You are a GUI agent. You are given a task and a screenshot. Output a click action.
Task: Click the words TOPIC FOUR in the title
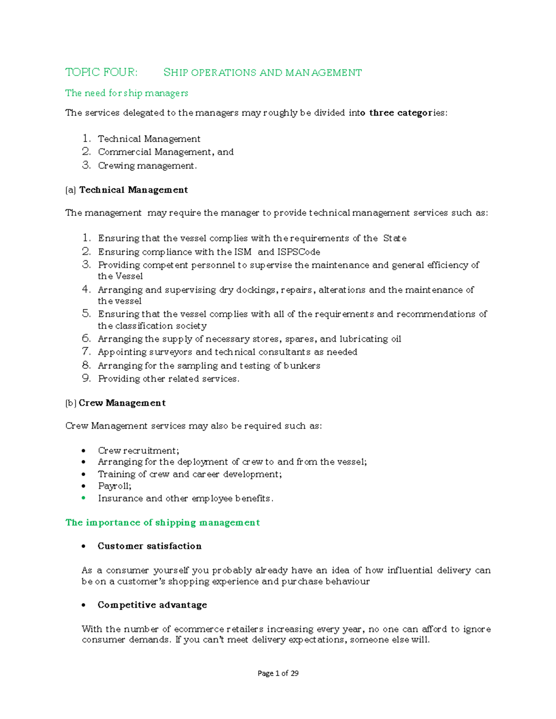[101, 72]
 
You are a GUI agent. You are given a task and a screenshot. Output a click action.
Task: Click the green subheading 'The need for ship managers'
[126, 93]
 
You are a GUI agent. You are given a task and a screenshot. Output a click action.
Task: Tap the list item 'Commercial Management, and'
[165, 152]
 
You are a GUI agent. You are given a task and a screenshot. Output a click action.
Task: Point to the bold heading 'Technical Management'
[133, 190]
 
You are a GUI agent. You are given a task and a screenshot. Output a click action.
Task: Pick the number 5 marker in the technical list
[86, 313]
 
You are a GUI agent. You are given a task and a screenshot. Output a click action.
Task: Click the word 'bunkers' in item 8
[302, 366]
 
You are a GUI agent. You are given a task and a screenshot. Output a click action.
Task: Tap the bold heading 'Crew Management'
[122, 403]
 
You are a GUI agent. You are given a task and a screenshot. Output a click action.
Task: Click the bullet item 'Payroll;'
[114, 486]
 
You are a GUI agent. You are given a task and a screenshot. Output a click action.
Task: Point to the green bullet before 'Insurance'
[83, 498]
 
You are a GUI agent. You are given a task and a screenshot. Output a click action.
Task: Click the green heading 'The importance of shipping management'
[162, 523]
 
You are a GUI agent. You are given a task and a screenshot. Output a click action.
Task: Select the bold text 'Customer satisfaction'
[149, 546]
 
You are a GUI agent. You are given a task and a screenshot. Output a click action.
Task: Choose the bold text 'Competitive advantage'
[152, 605]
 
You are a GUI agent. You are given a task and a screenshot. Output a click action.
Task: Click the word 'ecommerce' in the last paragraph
[199, 629]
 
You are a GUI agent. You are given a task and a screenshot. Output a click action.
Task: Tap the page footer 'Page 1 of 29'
[278, 673]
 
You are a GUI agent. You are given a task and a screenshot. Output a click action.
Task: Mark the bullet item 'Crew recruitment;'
[138, 450]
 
